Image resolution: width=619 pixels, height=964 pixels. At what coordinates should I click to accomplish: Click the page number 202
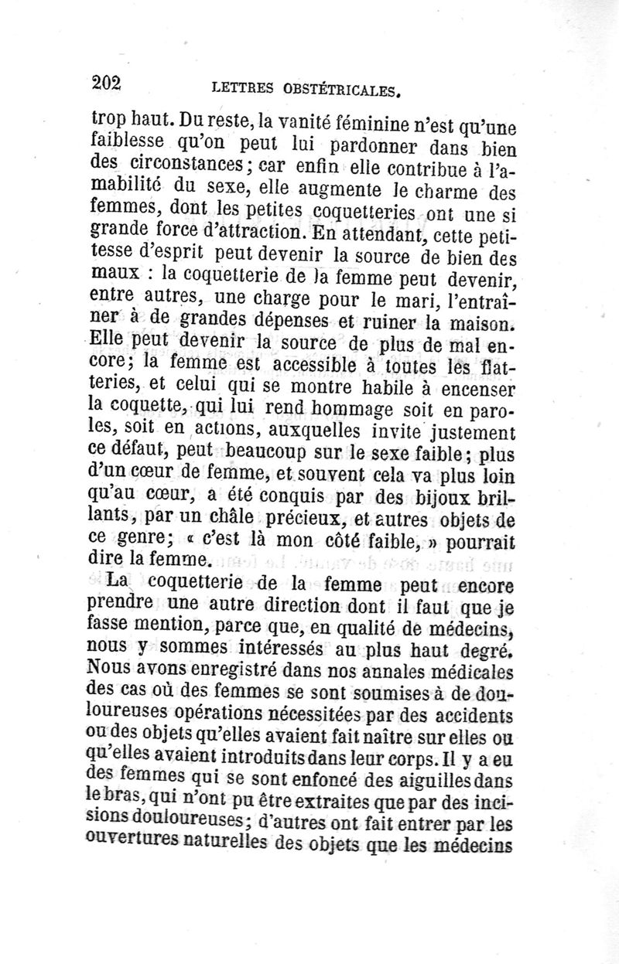point(109,81)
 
